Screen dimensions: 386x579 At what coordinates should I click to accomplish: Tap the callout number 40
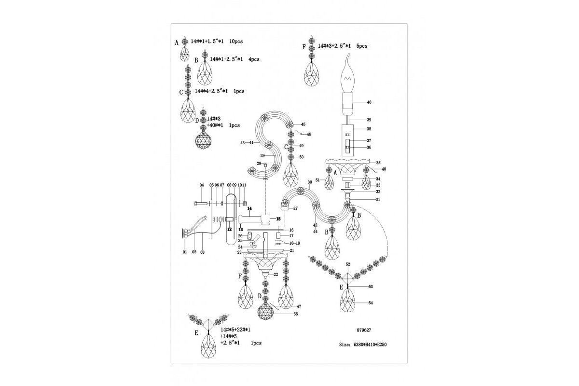369,102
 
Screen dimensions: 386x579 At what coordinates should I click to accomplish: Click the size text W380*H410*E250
367,345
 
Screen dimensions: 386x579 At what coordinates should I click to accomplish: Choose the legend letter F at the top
303,47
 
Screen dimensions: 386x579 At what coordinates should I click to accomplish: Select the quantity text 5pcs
362,46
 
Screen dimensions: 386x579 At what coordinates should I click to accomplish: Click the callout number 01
184,252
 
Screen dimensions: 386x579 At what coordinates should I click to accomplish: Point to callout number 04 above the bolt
202,185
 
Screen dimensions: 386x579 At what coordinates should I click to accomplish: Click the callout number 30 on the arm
309,182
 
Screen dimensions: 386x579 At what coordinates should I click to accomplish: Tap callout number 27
295,208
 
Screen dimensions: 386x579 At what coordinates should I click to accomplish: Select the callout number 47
299,306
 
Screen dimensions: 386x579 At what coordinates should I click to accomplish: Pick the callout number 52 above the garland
348,265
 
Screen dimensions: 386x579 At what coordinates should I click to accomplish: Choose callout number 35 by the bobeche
378,163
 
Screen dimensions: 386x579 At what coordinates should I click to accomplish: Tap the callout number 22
276,274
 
